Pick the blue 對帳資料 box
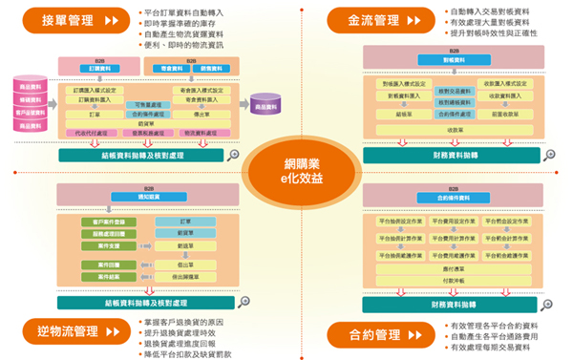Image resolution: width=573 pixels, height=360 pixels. tap(454, 59)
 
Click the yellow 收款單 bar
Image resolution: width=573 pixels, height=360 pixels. tap(454, 129)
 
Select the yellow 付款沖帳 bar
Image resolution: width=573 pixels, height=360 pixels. tap(454, 282)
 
